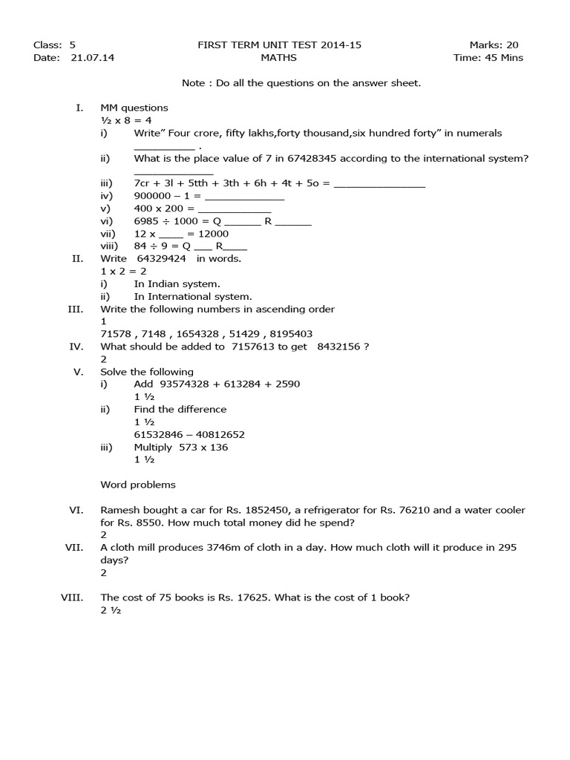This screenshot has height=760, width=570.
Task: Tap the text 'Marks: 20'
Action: click(494, 45)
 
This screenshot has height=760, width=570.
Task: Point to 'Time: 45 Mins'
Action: click(488, 58)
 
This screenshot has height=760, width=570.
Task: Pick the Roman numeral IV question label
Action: click(76, 347)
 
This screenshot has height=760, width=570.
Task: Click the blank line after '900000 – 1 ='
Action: click(244, 197)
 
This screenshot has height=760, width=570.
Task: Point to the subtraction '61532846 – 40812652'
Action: click(189, 435)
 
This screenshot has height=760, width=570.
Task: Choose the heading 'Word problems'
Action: click(138, 485)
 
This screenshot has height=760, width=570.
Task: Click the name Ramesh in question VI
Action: click(119, 511)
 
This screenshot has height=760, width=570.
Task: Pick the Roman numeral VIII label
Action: click(71, 598)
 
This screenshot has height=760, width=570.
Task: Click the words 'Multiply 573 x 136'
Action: click(181, 448)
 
